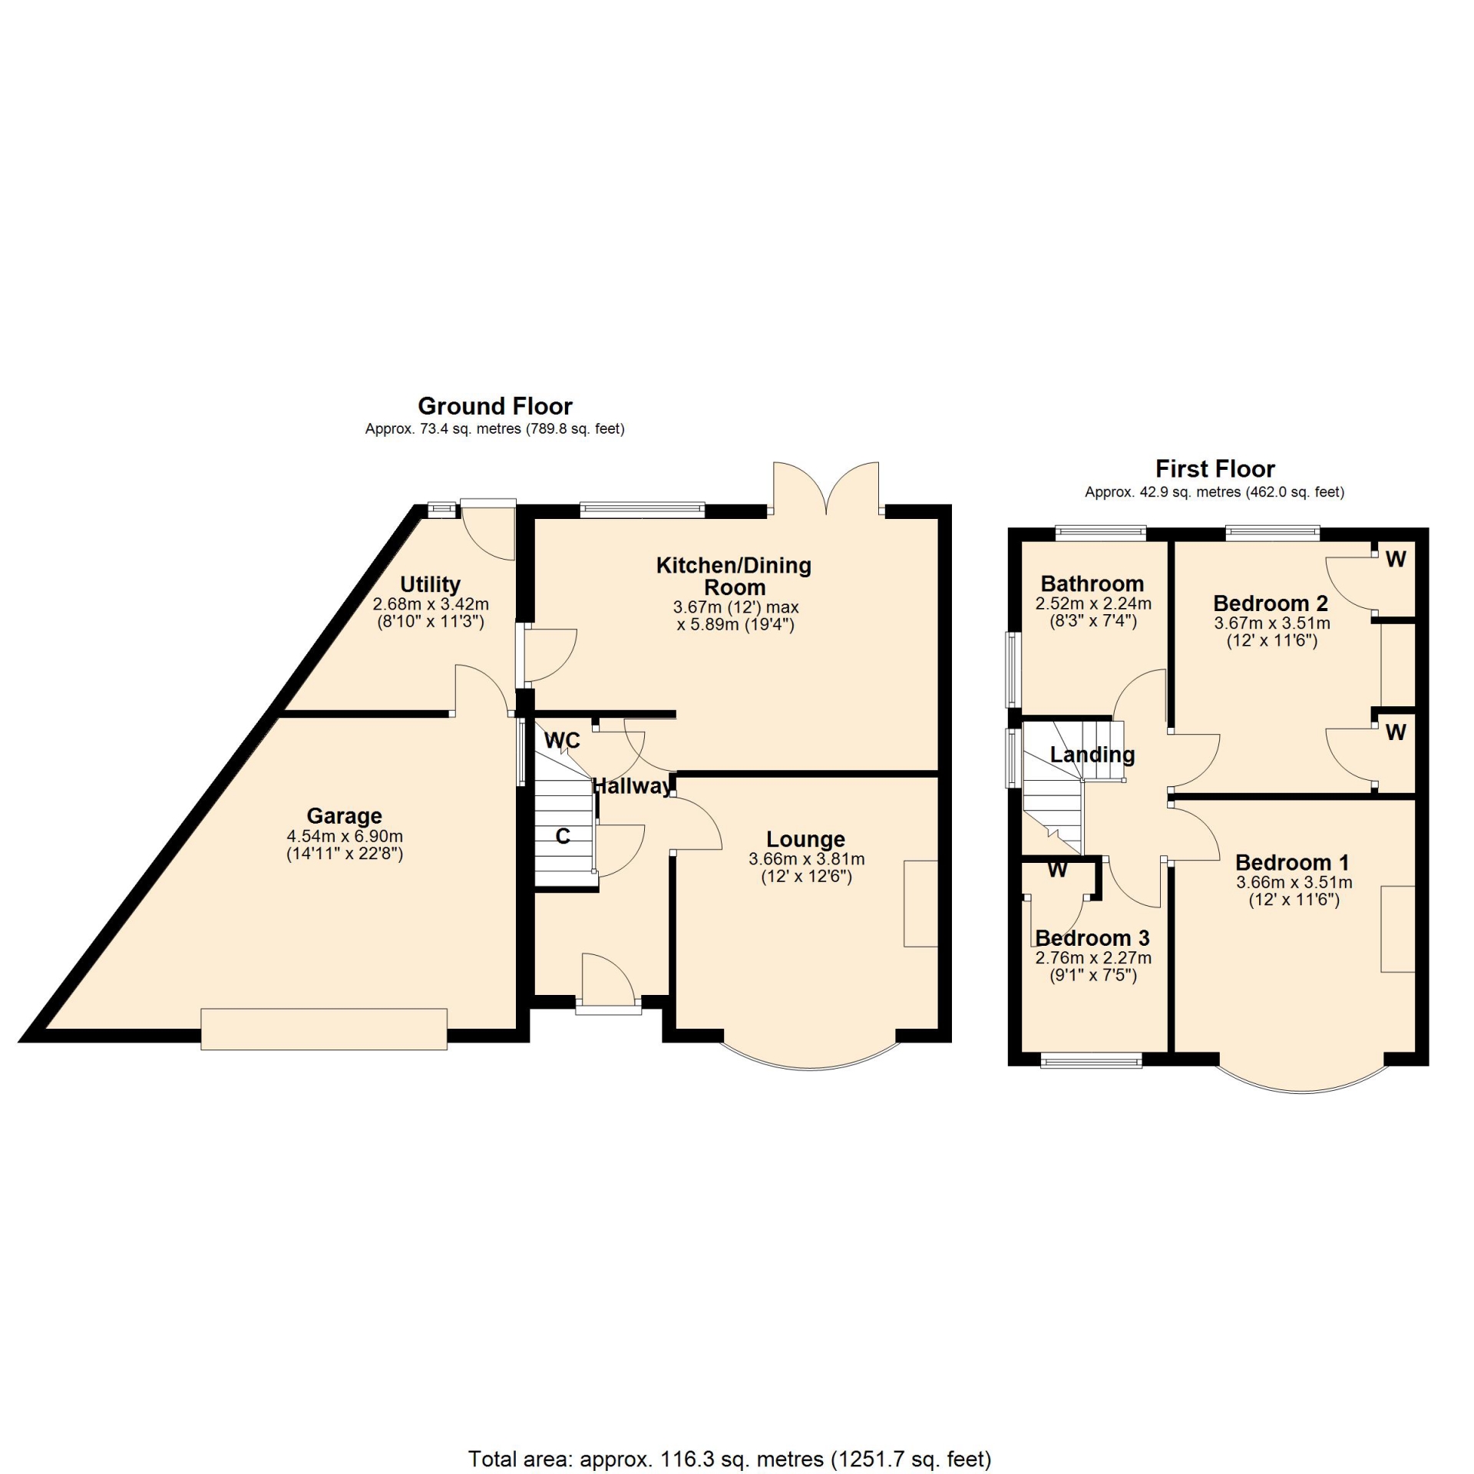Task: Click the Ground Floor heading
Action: tap(495, 406)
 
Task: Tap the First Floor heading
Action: tap(1215, 468)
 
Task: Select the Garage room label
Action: tap(344, 815)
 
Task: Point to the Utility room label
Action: tap(430, 584)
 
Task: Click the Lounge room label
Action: tap(805, 839)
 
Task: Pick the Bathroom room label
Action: tap(1092, 583)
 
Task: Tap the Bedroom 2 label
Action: tap(1271, 603)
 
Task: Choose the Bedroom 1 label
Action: tap(1292, 862)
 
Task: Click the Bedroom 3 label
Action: tap(1092, 937)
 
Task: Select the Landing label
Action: tap(1092, 755)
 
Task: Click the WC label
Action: tap(562, 740)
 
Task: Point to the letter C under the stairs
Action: tap(563, 836)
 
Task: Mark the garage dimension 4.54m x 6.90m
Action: tap(345, 836)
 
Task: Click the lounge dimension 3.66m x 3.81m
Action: tap(807, 859)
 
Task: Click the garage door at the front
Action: tap(324, 1029)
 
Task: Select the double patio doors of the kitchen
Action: tap(826, 487)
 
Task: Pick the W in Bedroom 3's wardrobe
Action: tap(1057, 870)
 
